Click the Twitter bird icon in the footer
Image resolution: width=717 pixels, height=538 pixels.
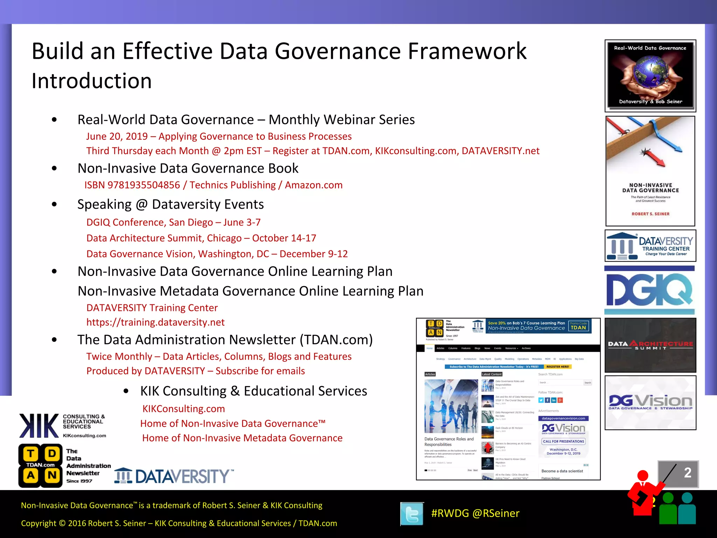pos(412,514)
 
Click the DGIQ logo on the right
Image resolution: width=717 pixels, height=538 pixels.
pos(650,290)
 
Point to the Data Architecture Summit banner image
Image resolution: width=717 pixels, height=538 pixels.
pos(650,345)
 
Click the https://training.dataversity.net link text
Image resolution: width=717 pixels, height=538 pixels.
pos(155,322)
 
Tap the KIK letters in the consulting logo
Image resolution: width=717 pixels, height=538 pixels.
pos(39,426)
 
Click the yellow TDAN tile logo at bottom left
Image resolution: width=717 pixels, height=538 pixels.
pos(41,466)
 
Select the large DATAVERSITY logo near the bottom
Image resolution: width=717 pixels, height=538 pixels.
pos(174,476)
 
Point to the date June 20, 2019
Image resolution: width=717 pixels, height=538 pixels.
pos(117,136)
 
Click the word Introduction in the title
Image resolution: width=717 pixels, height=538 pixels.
pos(91,81)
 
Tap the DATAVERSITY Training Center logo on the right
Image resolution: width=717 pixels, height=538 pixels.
pos(650,246)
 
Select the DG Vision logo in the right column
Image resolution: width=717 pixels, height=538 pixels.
pos(650,402)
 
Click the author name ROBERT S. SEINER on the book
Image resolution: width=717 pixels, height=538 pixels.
pos(650,214)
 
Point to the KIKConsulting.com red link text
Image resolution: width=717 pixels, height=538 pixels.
pos(183,409)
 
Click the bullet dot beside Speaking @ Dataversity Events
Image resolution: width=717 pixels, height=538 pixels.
pos(54,204)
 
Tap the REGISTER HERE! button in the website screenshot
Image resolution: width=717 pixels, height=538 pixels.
pos(557,367)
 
